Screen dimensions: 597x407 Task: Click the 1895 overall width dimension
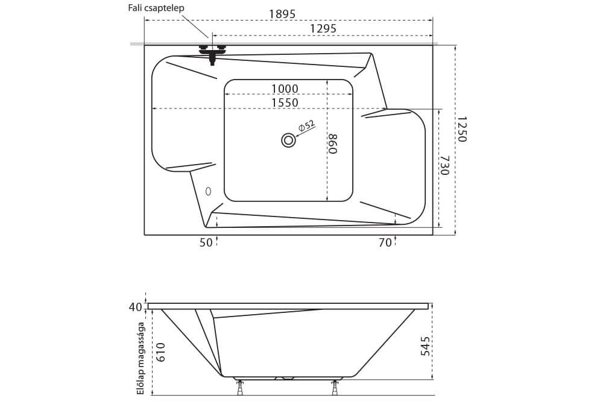(282, 14)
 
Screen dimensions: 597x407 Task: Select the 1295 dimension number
(323, 28)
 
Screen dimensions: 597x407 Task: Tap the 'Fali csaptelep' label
(156, 8)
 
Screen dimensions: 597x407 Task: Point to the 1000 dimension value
(285, 89)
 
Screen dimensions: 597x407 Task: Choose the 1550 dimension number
(285, 103)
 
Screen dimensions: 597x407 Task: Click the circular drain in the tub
(289, 140)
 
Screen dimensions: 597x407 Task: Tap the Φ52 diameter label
(306, 125)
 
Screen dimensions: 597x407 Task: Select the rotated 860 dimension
(333, 144)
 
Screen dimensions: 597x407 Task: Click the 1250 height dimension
(461, 130)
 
